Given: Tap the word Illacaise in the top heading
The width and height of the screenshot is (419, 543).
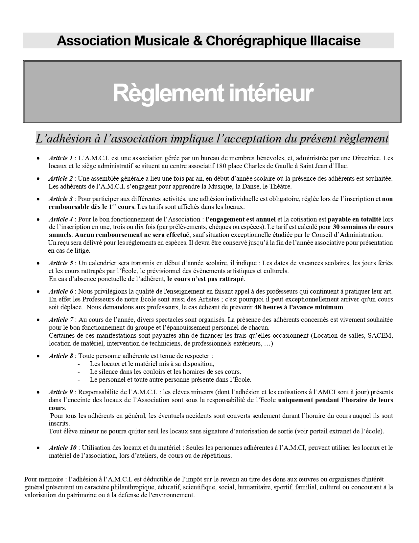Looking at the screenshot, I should coord(335,41).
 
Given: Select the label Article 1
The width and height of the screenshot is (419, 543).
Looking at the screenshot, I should coord(60,158).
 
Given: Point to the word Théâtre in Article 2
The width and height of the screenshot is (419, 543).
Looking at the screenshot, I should coord(279,186).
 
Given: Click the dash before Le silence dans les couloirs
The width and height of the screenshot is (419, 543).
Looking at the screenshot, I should coord(79,372).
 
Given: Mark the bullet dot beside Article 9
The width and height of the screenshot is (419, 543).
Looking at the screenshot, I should coord(38,392).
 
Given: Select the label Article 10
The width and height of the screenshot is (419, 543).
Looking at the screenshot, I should coord(62,448).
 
